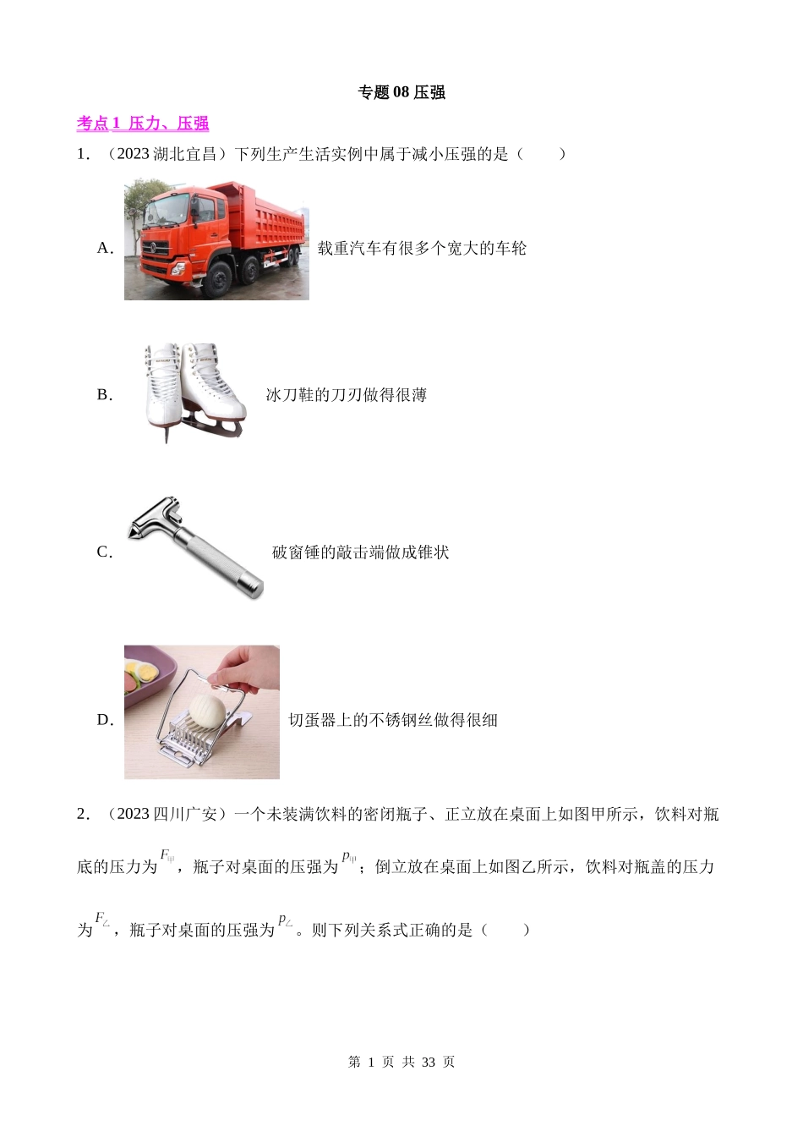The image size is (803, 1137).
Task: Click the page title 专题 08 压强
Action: click(401, 92)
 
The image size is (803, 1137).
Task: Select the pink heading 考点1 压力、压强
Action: click(143, 124)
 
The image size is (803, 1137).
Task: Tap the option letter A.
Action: click(105, 248)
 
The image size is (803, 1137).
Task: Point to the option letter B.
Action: click(105, 394)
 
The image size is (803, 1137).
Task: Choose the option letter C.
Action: click(105, 552)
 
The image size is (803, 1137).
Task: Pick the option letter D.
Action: click(105, 720)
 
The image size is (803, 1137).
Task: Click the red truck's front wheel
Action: click(219, 279)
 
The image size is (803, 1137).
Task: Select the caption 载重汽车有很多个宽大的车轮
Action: click(422, 248)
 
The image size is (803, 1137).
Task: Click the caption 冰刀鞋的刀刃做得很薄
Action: click(347, 395)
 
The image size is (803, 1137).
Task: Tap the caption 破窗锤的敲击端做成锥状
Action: click(360, 552)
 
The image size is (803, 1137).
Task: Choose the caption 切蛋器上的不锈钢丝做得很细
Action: click(392, 720)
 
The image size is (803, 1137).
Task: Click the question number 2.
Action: click(83, 814)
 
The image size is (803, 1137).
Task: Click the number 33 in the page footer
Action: click(429, 1062)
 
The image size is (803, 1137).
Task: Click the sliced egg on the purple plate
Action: click(142, 670)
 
